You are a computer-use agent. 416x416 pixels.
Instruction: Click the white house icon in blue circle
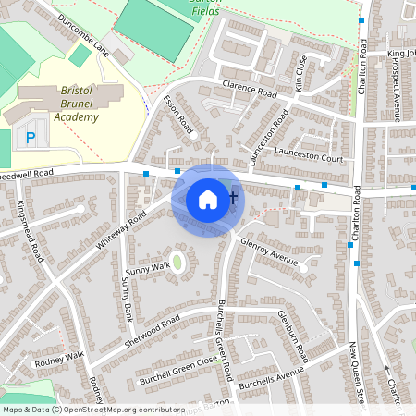point(208,199)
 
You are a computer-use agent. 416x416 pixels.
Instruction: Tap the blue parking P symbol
point(31,138)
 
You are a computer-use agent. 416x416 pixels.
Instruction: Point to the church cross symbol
point(233,196)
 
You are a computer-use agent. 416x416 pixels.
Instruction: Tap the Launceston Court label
point(309,158)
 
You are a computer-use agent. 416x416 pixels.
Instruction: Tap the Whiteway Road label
point(120,231)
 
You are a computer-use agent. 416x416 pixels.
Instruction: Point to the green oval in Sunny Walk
point(177,263)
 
